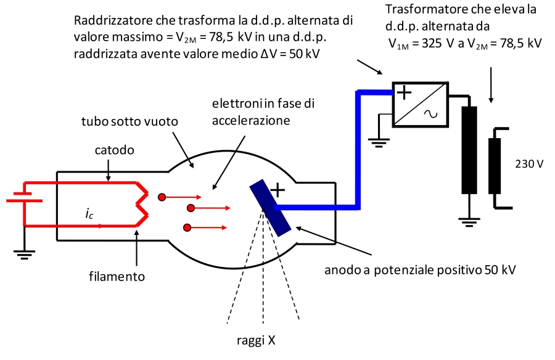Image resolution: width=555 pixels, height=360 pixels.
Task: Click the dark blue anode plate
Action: [270, 207]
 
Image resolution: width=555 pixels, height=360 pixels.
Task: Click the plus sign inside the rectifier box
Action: [403, 93]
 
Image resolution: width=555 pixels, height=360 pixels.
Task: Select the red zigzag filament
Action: [142, 203]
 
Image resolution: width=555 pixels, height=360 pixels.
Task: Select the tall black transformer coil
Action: [470, 150]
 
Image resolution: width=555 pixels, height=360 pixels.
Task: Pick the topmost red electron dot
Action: [162, 197]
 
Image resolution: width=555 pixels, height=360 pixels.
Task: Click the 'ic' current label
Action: [90, 214]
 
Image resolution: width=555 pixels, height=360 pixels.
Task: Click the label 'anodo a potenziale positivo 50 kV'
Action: [419, 270]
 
